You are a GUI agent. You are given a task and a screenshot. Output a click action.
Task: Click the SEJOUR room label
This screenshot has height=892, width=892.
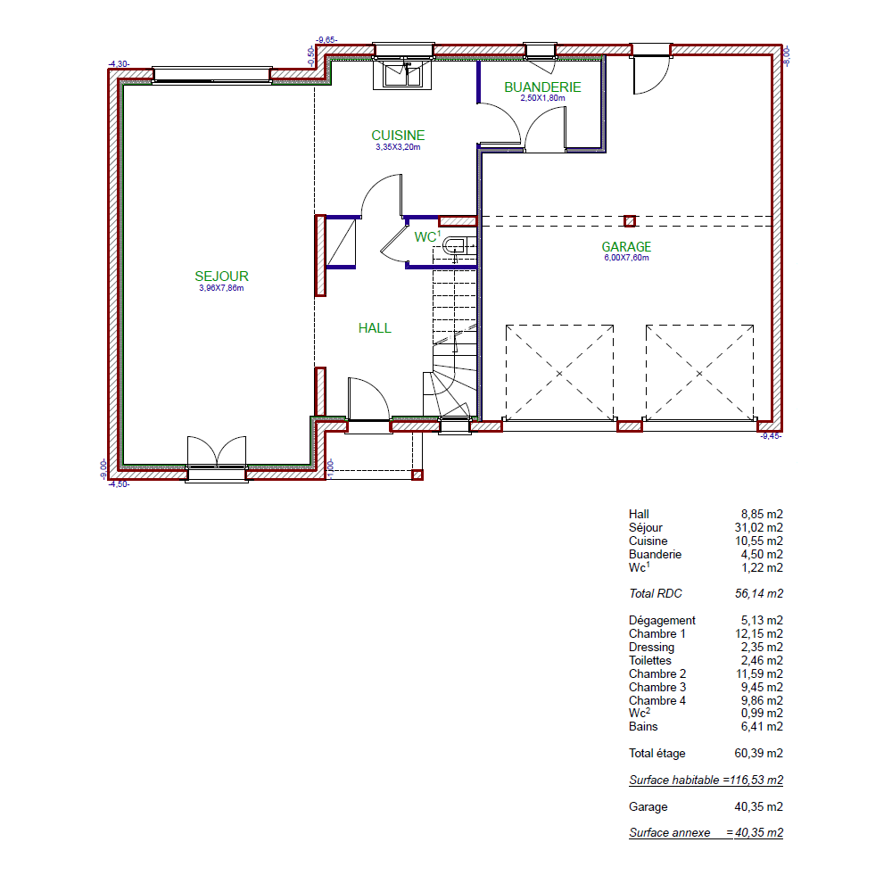click(x=221, y=277)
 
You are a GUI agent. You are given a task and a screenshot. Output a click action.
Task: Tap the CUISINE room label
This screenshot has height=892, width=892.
click(x=398, y=136)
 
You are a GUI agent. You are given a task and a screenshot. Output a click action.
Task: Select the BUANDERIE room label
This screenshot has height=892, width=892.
click(x=542, y=87)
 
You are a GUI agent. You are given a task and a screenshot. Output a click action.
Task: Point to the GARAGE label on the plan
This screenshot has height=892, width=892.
click(x=626, y=247)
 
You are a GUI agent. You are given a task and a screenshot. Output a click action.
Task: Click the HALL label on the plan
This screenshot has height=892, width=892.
click(x=375, y=328)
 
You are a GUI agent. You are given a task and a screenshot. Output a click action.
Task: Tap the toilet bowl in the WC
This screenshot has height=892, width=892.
click(x=454, y=246)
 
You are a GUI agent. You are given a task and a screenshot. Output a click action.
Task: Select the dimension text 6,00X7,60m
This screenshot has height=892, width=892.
click(x=626, y=258)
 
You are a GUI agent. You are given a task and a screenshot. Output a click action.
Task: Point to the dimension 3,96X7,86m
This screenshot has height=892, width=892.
click(x=221, y=288)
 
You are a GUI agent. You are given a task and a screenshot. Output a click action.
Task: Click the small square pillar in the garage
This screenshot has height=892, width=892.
click(x=630, y=221)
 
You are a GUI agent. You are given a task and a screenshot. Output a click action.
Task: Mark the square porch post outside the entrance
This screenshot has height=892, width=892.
click(x=417, y=475)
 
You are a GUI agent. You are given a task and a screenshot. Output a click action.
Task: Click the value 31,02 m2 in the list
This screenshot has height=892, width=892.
click(x=759, y=527)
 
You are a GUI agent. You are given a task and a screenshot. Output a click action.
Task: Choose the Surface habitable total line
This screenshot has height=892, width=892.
click(x=706, y=780)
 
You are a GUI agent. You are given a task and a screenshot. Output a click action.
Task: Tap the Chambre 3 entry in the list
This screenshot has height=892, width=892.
click(x=657, y=687)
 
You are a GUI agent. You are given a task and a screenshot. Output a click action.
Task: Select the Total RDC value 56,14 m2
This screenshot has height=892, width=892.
click(x=759, y=593)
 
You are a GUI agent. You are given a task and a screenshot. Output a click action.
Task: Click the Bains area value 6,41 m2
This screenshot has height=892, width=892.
click(x=762, y=726)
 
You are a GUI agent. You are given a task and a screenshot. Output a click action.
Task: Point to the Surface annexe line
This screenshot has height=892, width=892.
click(x=706, y=833)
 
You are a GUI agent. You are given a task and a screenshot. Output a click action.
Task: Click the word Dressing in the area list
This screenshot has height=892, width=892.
click(x=651, y=648)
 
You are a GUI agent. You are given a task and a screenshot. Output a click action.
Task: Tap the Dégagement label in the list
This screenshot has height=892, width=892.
click(x=662, y=621)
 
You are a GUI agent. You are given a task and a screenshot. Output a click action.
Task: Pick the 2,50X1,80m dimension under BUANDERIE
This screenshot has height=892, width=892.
click(x=542, y=98)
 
